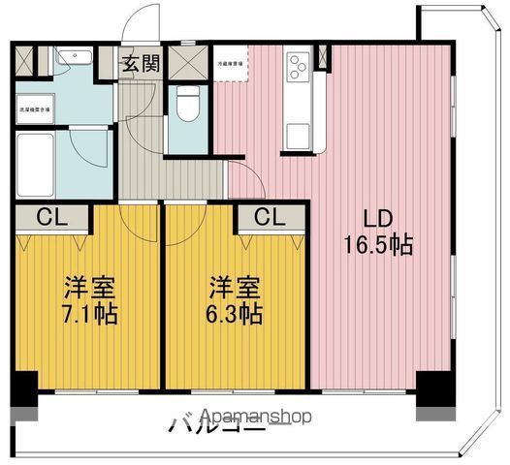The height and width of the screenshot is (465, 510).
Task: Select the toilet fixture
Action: pos(188,105)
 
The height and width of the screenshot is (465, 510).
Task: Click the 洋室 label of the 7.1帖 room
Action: pos(90,288)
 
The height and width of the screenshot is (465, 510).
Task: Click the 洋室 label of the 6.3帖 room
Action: pos(236,288)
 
